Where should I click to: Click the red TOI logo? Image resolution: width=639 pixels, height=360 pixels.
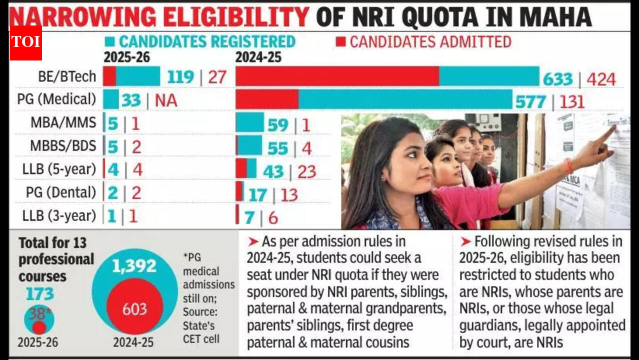point(25,42)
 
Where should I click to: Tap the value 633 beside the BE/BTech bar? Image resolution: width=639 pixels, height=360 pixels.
point(557,78)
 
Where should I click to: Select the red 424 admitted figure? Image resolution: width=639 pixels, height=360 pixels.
point(601,78)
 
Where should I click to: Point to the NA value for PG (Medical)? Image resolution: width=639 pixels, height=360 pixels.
point(166,100)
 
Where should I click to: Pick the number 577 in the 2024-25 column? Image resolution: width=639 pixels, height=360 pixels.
point(530,101)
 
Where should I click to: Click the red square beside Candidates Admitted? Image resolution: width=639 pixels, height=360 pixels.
point(340,41)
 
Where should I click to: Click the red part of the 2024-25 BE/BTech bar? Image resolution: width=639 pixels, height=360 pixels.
point(337,76)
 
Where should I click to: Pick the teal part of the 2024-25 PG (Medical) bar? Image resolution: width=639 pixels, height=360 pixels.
point(405,98)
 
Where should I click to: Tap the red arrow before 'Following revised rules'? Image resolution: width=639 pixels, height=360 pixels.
point(465,242)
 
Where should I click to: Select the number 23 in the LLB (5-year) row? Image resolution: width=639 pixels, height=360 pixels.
point(306,171)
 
